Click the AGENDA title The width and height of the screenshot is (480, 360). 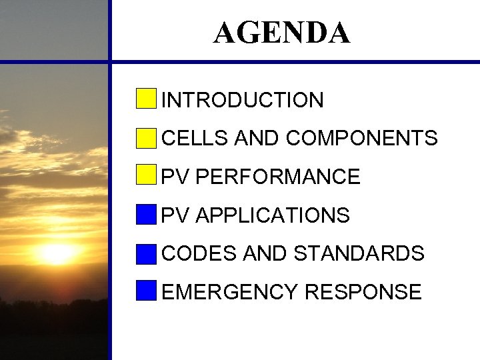coord(281,33)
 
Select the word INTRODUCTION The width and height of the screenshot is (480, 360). coord(243,101)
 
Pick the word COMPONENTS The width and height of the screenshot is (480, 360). coord(362,139)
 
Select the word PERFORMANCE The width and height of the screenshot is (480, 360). coord(279,177)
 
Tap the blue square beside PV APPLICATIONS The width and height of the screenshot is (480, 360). coord(146,215)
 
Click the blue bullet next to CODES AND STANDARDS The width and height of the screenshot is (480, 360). coord(146,253)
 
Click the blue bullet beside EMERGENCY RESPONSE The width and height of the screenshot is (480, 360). coord(146,291)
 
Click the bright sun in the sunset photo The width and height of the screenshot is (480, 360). coord(56,253)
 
